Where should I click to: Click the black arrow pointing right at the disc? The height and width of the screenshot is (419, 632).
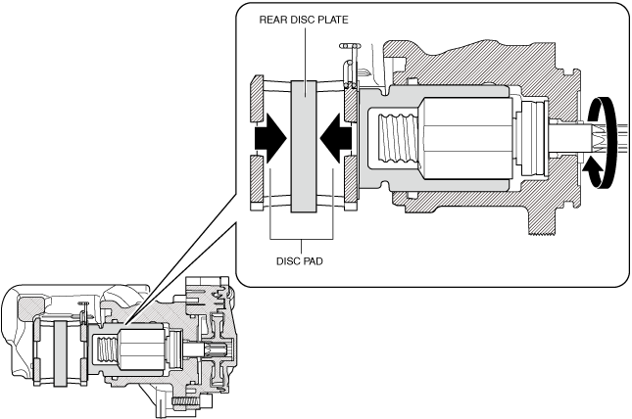[269, 140]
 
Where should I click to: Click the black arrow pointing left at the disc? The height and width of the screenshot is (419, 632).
[335, 139]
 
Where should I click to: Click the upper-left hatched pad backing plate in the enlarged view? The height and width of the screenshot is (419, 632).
[257, 97]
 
